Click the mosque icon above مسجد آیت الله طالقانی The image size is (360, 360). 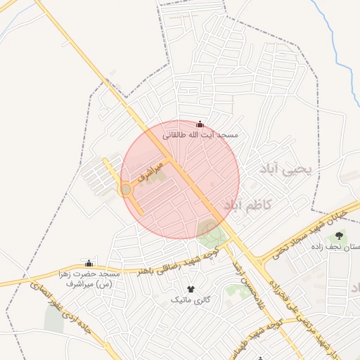pos(200,124)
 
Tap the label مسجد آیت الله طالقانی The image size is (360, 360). pos(200,134)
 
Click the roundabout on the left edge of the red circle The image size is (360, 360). pos(126,190)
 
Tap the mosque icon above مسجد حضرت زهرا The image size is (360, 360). pos(89,264)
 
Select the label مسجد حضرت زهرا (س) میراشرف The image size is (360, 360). pos(89,278)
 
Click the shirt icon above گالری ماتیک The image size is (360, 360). pos(191,289)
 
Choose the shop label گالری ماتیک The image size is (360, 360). pos(191,300)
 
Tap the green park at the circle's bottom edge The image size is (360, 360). pos(210,229)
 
